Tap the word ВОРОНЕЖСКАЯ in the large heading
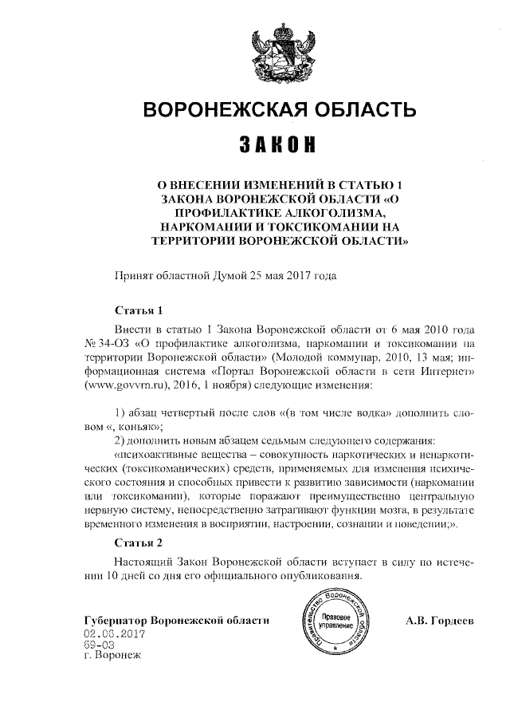220,109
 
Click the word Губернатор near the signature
116,620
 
